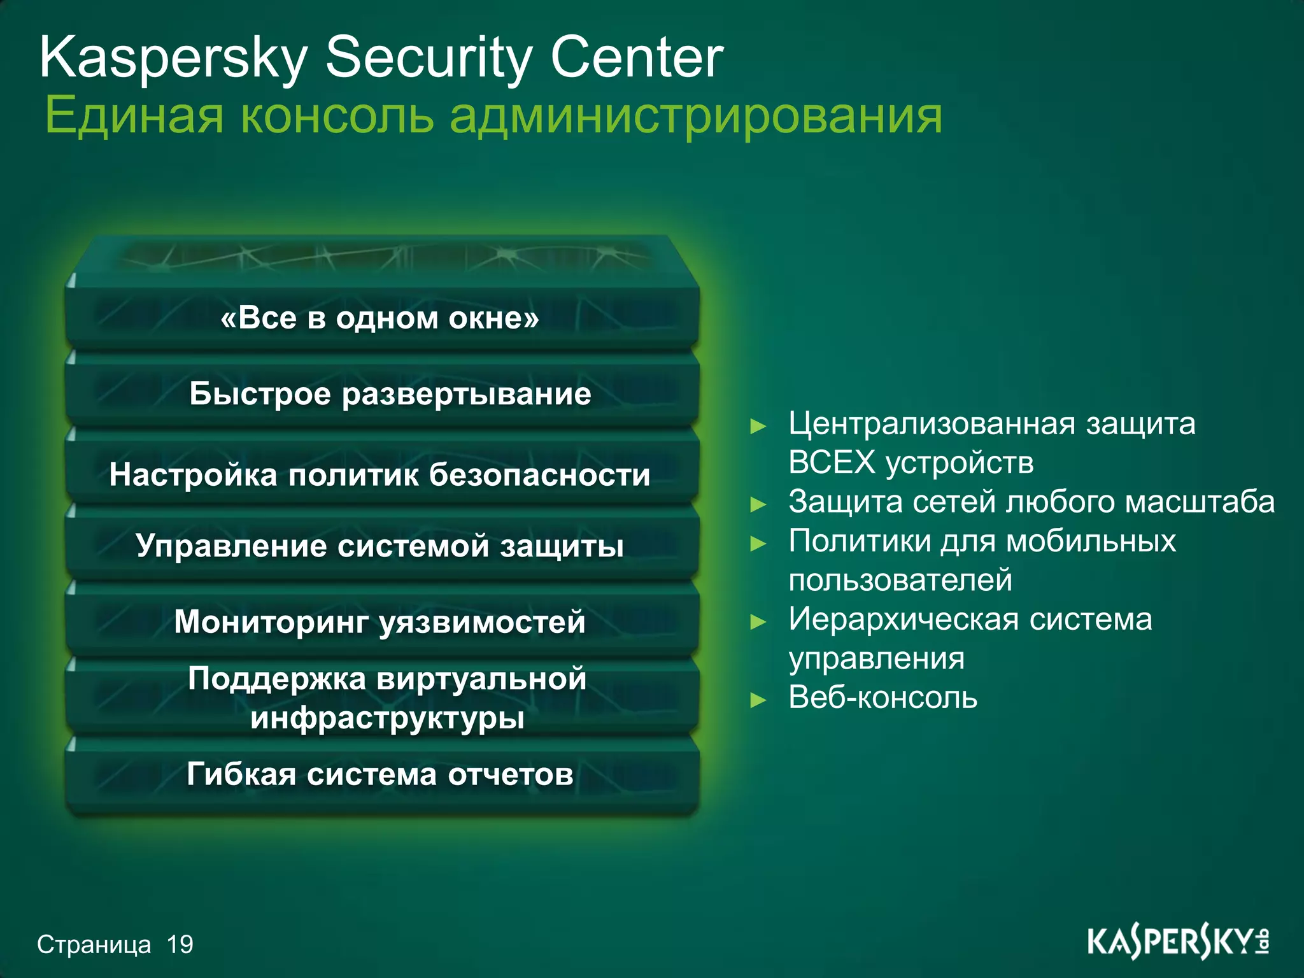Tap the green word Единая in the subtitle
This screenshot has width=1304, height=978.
click(x=134, y=116)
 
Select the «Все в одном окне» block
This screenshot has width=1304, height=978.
click(x=380, y=318)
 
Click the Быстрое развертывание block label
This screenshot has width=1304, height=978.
click(x=390, y=393)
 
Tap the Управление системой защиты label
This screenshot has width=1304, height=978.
click(x=380, y=546)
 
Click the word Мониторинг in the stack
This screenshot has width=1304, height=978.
click(x=271, y=622)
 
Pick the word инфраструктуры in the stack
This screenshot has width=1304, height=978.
click(x=387, y=718)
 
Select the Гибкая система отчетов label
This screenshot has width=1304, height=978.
click(x=380, y=775)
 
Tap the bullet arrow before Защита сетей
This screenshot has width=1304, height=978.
click(x=758, y=505)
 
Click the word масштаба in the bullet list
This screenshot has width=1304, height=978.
click(x=1200, y=502)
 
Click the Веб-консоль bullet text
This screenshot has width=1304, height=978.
click(x=882, y=698)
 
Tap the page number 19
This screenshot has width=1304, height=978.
click(x=180, y=945)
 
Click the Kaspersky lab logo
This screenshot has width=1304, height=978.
click(x=1178, y=943)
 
